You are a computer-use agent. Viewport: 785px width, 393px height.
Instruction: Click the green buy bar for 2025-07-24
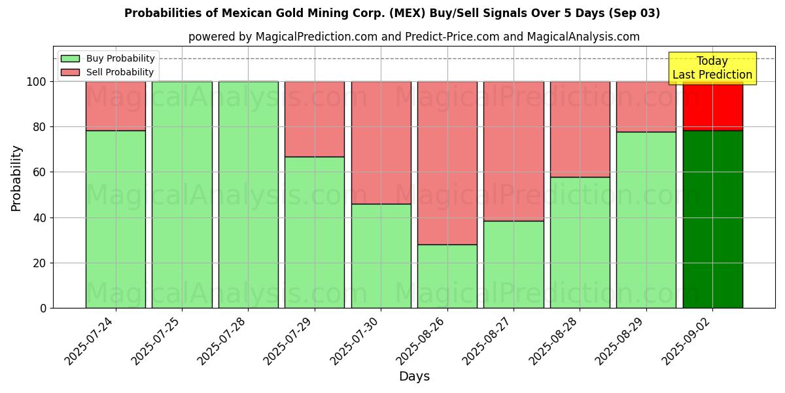[115, 219]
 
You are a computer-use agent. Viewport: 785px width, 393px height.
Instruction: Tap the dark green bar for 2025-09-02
[712, 219]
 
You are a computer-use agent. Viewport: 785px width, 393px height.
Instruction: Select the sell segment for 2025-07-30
[381, 142]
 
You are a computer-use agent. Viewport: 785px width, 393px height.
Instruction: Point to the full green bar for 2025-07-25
[182, 195]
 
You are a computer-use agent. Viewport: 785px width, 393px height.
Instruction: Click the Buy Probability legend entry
[108, 59]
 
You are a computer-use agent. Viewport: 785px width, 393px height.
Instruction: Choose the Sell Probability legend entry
[108, 72]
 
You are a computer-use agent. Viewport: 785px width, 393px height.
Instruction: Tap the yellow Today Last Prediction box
[712, 68]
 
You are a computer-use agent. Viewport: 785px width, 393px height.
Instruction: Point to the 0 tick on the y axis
[44, 308]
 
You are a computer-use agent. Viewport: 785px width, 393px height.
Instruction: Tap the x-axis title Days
[414, 377]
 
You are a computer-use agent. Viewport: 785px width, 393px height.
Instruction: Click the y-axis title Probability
[16, 178]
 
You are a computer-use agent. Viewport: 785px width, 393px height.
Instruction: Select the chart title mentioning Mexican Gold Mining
[392, 13]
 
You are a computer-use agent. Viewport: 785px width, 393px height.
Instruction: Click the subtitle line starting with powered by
[413, 37]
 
